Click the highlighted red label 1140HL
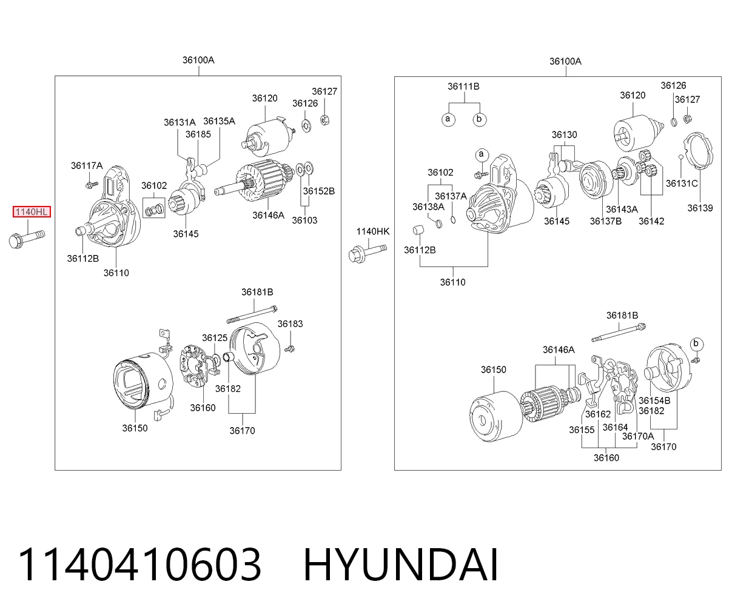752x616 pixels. [x=32, y=212]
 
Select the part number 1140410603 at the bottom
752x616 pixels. [x=139, y=565]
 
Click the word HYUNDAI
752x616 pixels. [x=401, y=565]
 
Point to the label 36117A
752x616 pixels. [x=87, y=165]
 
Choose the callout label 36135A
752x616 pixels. [x=220, y=121]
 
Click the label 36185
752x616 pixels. [x=198, y=134]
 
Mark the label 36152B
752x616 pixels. [x=319, y=191]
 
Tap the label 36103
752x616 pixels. [x=304, y=220]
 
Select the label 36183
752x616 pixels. [x=290, y=323]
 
